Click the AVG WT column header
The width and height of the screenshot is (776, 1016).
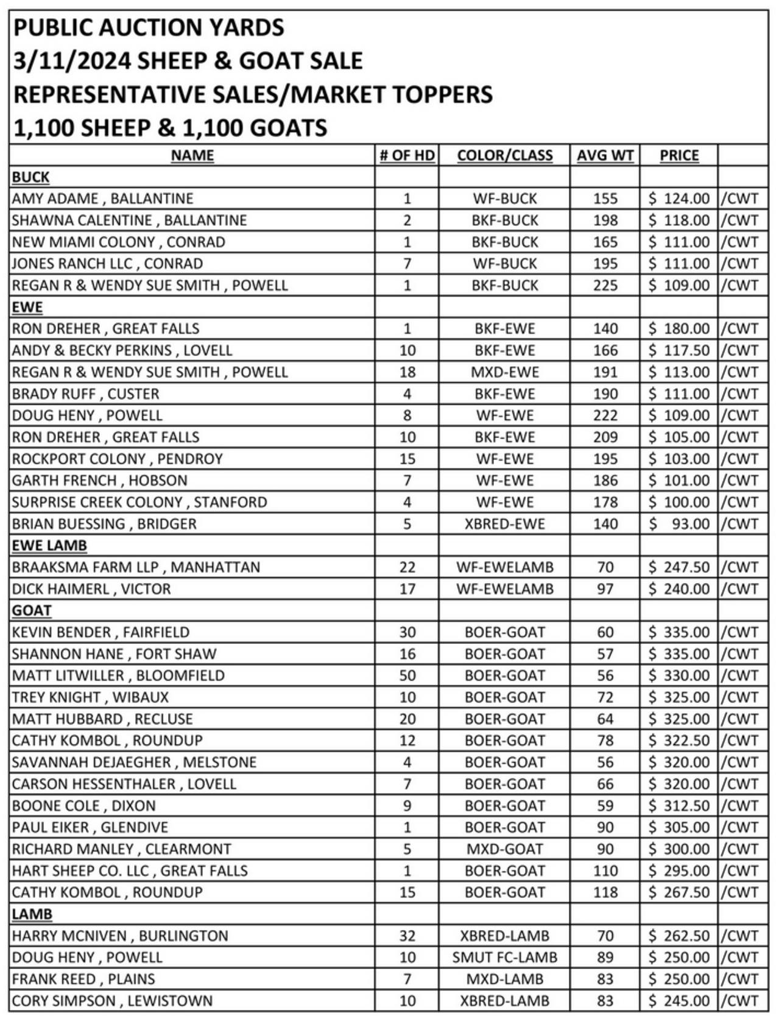pos(605,155)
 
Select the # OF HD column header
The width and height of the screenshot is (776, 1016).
pos(407,155)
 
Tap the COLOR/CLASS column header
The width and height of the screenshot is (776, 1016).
pos(504,155)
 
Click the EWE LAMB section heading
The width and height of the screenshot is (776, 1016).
pos(49,545)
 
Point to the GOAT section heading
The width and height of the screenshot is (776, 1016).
pos(32,610)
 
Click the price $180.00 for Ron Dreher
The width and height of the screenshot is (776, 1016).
pos(679,329)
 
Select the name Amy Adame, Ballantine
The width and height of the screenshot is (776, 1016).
pos(102,199)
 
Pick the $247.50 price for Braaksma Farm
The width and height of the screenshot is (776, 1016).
pos(679,567)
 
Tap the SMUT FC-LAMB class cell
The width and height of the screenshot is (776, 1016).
pos(504,957)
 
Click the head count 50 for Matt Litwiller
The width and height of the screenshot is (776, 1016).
pos(407,676)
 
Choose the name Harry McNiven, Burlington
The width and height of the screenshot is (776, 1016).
pos(119,936)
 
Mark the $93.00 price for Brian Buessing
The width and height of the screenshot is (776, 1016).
pos(679,524)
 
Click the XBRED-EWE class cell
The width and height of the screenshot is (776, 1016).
pos(504,524)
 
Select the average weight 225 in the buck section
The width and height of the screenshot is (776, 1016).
pos(605,285)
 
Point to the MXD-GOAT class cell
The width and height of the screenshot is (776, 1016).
pos(504,849)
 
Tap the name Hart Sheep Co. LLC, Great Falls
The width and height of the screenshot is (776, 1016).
pos(130,870)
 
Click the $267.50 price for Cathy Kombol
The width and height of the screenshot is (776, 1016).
pos(679,892)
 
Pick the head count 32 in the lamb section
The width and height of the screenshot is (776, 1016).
pos(407,936)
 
